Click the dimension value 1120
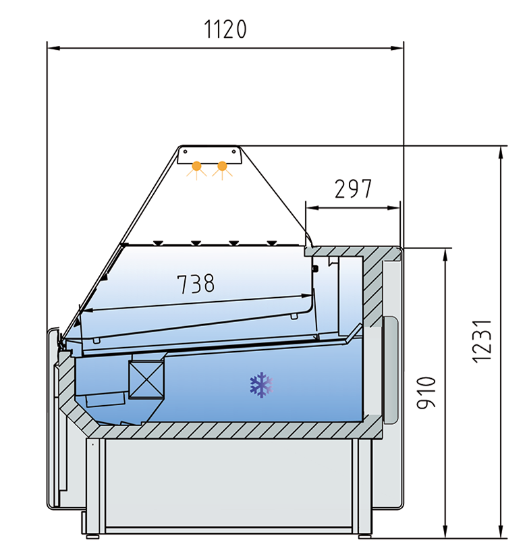point(225,29)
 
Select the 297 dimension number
point(353,189)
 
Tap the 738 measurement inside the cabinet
point(196,283)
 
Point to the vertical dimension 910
point(426,392)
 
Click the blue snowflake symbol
point(260,385)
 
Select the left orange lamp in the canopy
point(197,165)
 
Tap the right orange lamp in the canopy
point(222,165)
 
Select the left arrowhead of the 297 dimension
point(310,209)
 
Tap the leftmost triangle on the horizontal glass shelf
point(157,242)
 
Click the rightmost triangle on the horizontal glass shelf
point(271,242)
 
